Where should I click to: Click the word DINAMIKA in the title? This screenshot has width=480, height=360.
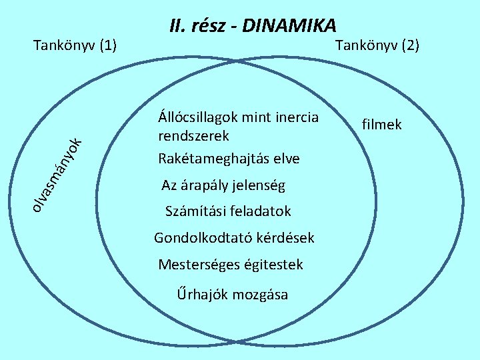(290, 26)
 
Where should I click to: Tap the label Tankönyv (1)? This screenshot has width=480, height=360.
(75, 45)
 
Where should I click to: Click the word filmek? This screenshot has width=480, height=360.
(381, 124)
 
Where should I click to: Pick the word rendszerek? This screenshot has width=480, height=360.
(193, 136)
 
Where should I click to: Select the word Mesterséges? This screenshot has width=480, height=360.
(199, 265)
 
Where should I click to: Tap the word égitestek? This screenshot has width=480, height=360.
(274, 265)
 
